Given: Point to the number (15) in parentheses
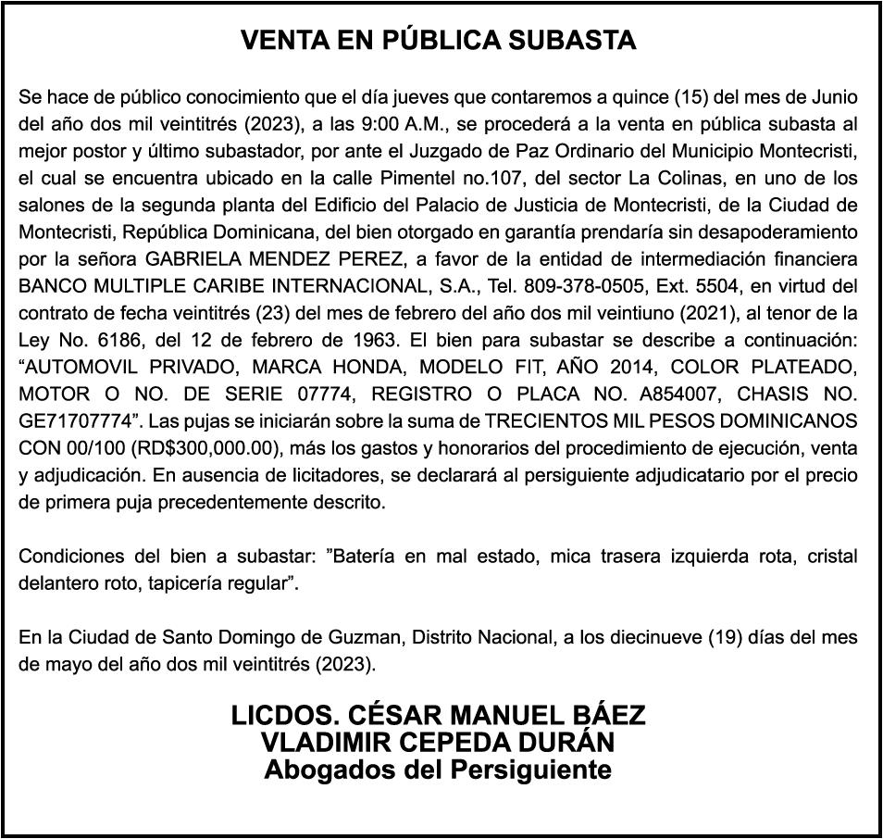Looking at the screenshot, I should pyautogui.click(x=690, y=96).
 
